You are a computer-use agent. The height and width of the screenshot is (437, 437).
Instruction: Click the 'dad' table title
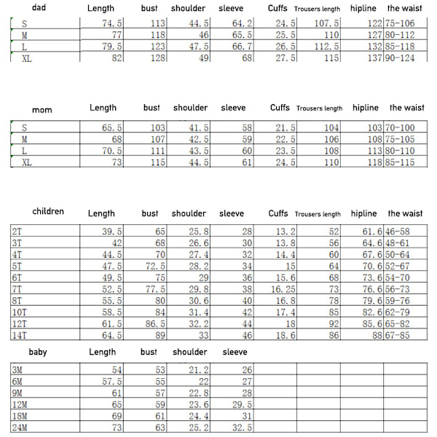tap(32, 8)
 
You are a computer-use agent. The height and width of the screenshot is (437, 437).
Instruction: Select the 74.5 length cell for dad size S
tap(111, 23)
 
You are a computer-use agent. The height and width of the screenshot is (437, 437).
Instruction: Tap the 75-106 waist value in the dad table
tap(406, 23)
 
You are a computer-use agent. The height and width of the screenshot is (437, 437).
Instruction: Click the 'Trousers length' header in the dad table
tap(318, 9)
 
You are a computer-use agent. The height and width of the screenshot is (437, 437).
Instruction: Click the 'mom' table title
tap(42, 110)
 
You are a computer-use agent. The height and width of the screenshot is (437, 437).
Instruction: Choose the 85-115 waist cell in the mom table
tap(406, 162)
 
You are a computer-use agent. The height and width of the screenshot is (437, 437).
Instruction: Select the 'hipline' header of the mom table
tap(365, 108)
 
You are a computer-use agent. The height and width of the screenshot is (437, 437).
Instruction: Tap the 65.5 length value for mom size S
tap(111, 127)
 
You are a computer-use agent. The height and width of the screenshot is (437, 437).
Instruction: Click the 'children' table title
tap(48, 212)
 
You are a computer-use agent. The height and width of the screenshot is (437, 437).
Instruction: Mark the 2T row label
tap(17, 231)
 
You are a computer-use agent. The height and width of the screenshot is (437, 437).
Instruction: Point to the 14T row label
tap(19, 335)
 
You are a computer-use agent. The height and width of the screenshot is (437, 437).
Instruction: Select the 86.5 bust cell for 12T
tap(154, 323)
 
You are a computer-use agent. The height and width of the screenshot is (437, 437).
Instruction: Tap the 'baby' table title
tap(38, 353)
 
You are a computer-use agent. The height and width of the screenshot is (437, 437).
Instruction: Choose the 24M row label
tap(19, 428)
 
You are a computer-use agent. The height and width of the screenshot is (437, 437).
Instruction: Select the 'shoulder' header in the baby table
tap(189, 352)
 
